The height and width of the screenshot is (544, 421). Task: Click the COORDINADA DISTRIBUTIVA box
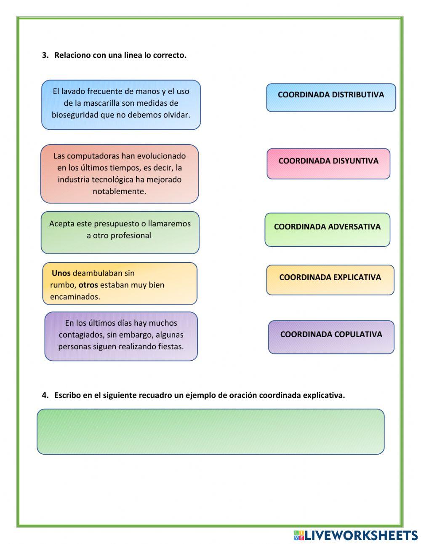click(331, 97)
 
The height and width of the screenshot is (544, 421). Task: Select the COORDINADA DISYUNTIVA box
click(328, 163)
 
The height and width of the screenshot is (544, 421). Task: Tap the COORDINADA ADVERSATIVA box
click(327, 229)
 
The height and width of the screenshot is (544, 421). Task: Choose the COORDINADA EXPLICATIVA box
click(330, 280)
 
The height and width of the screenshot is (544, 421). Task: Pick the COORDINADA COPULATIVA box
click(331, 337)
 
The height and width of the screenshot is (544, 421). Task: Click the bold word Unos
click(61, 273)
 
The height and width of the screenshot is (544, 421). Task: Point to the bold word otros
click(88, 285)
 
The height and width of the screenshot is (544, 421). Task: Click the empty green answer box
click(210, 431)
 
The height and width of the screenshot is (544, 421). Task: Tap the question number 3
click(45, 55)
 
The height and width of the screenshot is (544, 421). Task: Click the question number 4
click(45, 395)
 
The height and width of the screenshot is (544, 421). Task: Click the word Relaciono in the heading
click(72, 55)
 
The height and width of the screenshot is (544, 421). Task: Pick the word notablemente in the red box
click(119, 191)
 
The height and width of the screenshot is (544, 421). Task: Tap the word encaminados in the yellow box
click(75, 297)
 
